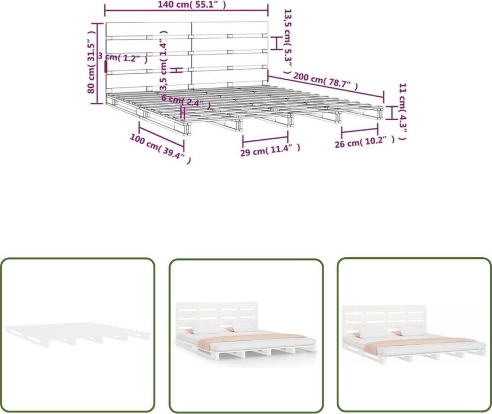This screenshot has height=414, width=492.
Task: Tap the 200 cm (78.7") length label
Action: click(326, 81)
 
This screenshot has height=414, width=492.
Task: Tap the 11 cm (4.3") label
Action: click(402, 112)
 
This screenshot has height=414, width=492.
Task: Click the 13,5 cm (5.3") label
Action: click(288, 36)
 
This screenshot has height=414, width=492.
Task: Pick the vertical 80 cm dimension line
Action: click(98, 63)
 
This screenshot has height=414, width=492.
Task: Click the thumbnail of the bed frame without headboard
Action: click(77, 334)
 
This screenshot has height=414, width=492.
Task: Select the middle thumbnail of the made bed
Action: click(245, 334)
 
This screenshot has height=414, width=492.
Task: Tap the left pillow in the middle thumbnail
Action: click(206, 327)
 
